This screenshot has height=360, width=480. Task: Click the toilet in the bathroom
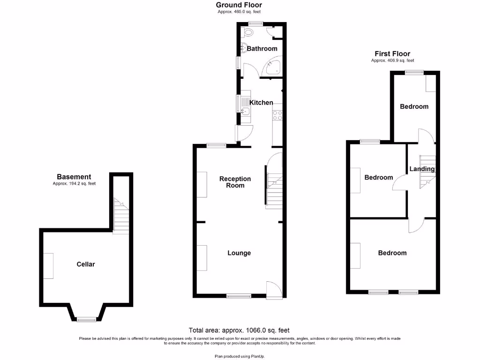coord(248,32)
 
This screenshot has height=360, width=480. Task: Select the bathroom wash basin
coord(244,47)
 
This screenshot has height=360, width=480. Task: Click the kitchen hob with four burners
coord(277,115)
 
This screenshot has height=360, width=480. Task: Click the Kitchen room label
coord(261,103)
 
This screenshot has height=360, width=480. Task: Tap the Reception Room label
coord(235,182)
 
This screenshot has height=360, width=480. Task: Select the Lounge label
coord(239,253)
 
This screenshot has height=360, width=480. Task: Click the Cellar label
coord(86,264)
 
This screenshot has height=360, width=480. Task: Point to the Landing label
coord(422,169)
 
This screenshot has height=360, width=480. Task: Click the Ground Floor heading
coord(239,5)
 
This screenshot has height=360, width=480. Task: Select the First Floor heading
coord(392,54)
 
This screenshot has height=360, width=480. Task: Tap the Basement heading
coord(74,177)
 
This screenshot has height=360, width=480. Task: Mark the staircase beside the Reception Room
coord(274,187)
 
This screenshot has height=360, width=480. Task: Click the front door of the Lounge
coord(274,290)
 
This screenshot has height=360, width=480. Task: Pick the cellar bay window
coord(86,319)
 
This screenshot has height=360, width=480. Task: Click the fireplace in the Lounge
coord(202,257)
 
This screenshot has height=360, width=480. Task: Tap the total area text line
coord(242,330)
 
